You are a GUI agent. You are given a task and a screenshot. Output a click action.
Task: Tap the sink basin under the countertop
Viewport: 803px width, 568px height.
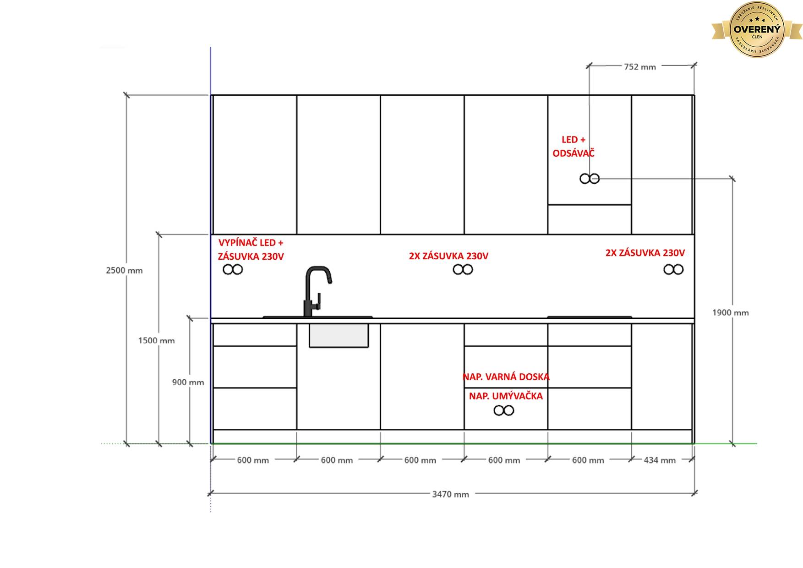point(339,336)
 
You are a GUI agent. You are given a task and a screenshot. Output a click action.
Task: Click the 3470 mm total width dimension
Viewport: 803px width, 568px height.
point(451,494)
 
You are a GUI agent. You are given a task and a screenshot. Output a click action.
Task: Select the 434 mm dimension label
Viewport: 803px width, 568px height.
point(660,460)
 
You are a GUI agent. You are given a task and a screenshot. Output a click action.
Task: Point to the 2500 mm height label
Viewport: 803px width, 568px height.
point(124,270)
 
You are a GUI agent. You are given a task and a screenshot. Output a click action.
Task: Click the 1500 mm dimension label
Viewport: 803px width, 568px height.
point(156,340)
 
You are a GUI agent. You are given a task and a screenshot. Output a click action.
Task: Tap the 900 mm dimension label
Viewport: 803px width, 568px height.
point(188,382)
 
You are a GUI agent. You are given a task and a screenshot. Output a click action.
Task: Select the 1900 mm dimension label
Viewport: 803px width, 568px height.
point(730,313)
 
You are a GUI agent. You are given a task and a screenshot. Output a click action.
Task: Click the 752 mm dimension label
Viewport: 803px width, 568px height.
point(639,67)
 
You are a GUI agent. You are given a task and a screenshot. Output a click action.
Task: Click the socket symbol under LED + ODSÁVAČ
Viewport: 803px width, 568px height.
point(590,179)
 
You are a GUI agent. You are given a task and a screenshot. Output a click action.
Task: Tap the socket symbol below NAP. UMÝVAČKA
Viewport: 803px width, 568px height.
point(504,410)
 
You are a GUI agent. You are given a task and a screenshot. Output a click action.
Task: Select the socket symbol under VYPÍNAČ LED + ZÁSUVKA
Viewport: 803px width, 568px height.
point(233,270)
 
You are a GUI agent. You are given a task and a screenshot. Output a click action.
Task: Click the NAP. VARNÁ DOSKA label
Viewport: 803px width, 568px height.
point(506,377)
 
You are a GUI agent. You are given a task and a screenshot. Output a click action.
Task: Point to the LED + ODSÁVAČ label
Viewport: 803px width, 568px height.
point(574,146)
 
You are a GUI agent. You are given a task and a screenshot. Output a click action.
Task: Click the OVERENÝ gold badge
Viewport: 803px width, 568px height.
point(757,30)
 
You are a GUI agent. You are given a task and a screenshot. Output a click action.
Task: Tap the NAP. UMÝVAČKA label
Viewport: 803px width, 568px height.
point(506,396)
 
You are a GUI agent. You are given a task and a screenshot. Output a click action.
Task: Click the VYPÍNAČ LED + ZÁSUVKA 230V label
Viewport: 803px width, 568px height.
point(251,249)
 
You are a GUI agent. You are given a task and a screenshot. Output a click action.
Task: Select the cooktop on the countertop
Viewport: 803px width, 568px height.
point(590,317)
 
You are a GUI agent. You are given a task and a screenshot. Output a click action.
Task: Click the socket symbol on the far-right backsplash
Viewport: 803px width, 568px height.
point(673,270)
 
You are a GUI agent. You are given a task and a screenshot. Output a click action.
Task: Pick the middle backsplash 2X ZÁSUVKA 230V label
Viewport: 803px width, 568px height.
point(448,256)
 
